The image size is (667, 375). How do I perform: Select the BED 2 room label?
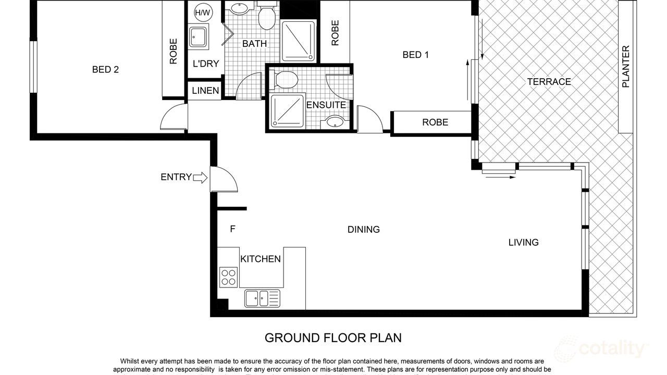coord(105,69)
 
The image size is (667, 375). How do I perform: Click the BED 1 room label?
coord(415,55)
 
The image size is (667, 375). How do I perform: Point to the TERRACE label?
coord(549,82)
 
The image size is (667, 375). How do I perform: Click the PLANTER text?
coord(626,67)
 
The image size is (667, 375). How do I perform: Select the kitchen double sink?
coord(262,298)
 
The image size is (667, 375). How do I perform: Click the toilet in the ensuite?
coord(286,80)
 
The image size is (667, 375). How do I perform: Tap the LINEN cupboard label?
coord(205,91)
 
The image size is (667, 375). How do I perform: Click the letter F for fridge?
coord(232,228)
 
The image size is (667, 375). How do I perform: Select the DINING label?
coord(364,229)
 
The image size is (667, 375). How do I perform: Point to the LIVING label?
coord(523,242)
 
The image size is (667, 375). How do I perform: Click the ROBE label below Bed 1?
coord(435,122)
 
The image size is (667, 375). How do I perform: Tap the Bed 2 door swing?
coord(174,117)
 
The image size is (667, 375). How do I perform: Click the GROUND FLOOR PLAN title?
coord(333,337)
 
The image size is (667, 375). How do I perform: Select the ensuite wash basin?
coord(335,122)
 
